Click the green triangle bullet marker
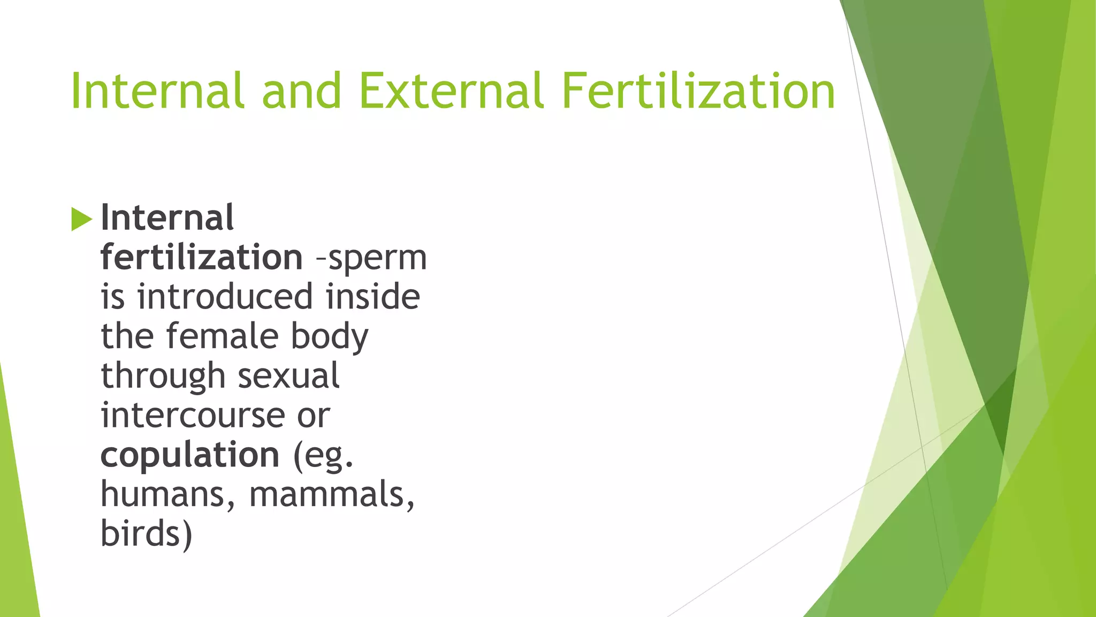(81, 219)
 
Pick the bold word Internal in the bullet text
(167, 218)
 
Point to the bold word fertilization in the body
(202, 257)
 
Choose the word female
(222, 336)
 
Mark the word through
(163, 377)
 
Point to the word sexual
(288, 375)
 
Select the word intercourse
(193, 416)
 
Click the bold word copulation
(190, 456)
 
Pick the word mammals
(331, 494)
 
